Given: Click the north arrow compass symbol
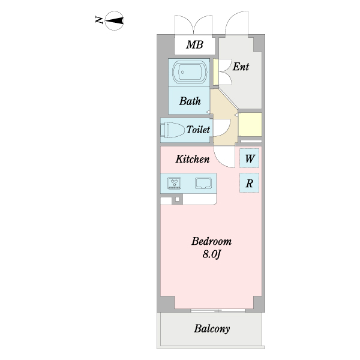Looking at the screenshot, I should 114,21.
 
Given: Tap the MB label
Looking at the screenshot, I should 194,45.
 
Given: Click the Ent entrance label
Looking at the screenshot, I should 241,67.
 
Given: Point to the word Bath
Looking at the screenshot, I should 190,101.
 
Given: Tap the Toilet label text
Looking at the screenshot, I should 198,130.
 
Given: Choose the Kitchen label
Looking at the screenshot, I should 192,160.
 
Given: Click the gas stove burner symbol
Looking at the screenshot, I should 175,182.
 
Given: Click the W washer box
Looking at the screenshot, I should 250,160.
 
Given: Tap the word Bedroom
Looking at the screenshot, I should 211,242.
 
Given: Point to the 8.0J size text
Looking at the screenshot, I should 212,254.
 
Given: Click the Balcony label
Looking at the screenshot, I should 212,329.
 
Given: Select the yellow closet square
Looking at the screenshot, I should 250,124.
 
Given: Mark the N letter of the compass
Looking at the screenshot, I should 98,21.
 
